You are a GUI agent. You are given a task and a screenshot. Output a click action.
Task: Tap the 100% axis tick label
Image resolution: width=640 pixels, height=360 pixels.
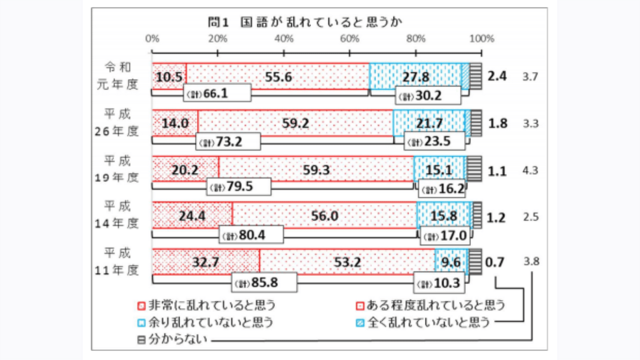coord(482,39)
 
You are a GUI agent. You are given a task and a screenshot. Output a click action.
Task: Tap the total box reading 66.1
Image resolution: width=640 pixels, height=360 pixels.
coord(217,94)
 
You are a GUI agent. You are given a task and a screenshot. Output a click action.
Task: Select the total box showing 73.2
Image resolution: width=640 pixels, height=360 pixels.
coord(229,141)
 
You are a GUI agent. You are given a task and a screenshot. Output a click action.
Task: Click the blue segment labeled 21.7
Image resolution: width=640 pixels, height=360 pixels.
coord(428,123)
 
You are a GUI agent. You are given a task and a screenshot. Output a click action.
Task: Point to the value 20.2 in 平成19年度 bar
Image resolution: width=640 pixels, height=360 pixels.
coord(185,170)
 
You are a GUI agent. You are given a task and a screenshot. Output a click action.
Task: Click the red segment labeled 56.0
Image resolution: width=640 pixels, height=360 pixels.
coord(325,216)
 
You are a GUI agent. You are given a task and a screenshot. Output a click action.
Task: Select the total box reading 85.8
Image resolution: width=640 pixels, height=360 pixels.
coord(265,283)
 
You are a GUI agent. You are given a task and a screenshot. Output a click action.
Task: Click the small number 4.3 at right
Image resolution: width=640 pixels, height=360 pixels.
coord(530,170)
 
